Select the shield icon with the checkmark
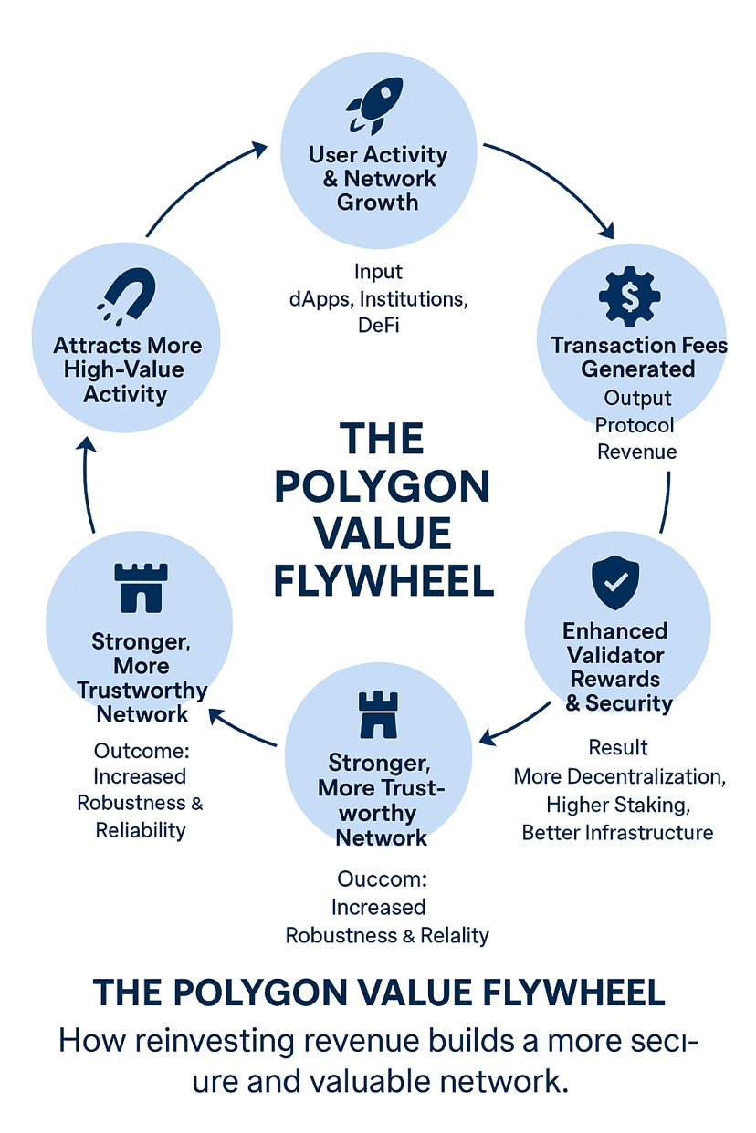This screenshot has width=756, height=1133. [616, 584]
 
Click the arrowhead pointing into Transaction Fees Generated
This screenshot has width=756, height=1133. [604, 231]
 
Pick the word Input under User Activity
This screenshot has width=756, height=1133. [378, 272]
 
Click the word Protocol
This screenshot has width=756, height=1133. [635, 425]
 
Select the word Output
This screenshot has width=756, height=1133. [637, 398]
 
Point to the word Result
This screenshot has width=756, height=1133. [618, 748]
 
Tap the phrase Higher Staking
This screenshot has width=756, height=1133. [616, 804]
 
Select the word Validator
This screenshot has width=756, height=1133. [615, 655]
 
